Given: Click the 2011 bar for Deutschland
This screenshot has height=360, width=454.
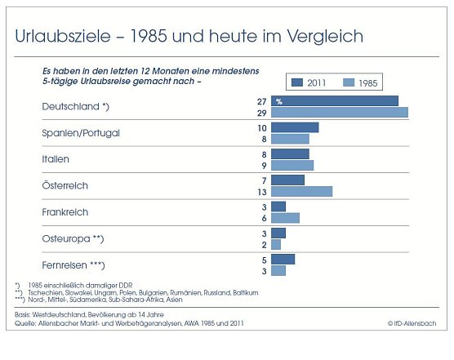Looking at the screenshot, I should (x=334, y=100).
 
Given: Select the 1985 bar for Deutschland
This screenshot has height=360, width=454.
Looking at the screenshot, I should (x=339, y=113).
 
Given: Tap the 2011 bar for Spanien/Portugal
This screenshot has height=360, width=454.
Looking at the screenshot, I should (x=294, y=127).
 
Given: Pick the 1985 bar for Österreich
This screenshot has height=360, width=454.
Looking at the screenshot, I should (x=301, y=191).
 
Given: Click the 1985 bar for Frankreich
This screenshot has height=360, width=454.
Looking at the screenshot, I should (x=285, y=218).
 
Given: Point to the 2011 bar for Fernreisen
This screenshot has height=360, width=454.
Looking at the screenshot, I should (x=283, y=259).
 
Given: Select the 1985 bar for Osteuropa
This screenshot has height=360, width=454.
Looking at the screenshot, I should (x=276, y=244).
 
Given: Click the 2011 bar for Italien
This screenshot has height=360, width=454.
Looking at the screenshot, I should (x=290, y=153).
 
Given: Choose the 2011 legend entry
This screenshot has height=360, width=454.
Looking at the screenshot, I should (x=309, y=82).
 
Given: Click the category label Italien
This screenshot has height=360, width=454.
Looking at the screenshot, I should (x=56, y=159).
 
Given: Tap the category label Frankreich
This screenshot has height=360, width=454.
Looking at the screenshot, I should (x=65, y=212).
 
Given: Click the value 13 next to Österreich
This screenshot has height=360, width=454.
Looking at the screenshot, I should (x=260, y=192).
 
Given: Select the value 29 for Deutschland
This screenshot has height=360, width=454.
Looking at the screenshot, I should (x=260, y=113).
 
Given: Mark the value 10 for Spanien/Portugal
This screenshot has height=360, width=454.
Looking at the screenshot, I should (x=260, y=128).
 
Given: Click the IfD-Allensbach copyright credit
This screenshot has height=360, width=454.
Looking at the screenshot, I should (x=412, y=323).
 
